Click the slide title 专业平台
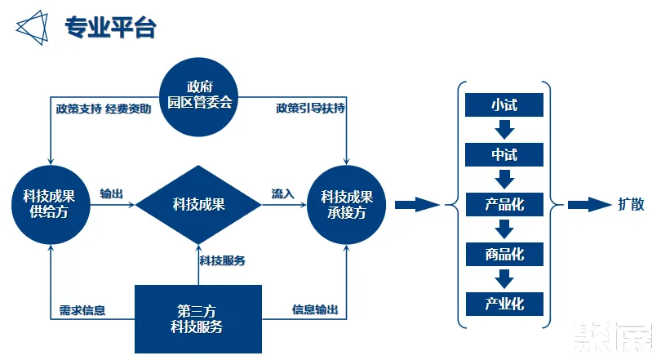(x=110, y=27)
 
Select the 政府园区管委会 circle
(x=200, y=96)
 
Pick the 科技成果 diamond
(x=199, y=204)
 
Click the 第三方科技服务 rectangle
(x=197, y=319)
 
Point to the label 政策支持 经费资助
(x=104, y=109)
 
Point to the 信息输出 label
(x=315, y=310)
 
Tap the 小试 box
(x=504, y=105)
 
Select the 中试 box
(x=504, y=155)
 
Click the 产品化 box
(x=504, y=205)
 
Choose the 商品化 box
(x=504, y=255)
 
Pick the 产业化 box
(x=504, y=304)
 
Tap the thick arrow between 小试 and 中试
(x=504, y=130)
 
